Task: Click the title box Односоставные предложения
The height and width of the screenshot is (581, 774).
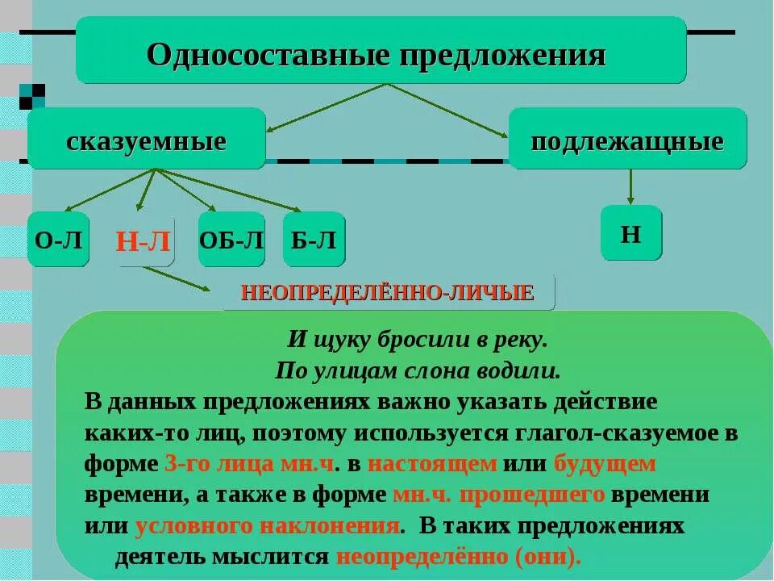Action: coord(381,51)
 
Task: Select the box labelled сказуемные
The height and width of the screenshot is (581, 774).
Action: coord(146,139)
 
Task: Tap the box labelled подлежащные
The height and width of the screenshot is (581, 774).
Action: coord(627,139)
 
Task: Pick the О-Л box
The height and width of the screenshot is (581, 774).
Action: coord(58,240)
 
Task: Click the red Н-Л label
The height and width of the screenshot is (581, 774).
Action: coord(144,241)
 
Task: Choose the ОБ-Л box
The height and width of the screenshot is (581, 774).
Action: coord(231,240)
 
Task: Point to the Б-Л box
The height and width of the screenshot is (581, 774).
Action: coord(314,240)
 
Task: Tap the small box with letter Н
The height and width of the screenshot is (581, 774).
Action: coord(630,233)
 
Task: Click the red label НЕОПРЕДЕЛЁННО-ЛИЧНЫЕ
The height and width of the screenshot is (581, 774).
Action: coord(389,292)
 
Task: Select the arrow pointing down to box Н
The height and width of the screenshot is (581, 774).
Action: coord(630,186)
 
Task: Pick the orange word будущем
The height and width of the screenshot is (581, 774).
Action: coord(605,464)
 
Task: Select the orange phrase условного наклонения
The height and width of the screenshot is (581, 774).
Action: coord(268,526)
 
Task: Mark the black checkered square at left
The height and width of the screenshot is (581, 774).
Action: coord(32,96)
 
